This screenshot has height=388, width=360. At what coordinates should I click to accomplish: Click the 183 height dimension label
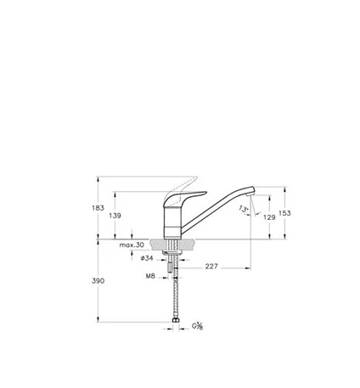(98, 208)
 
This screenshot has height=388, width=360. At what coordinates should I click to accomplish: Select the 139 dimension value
(115, 216)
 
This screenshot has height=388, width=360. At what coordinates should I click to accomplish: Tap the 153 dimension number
(284, 213)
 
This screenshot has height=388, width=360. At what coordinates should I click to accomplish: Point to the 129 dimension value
(269, 217)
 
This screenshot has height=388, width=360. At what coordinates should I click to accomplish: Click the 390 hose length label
(98, 281)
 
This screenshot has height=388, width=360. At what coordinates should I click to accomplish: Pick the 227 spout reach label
(211, 267)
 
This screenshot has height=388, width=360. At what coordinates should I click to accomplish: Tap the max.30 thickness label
(132, 245)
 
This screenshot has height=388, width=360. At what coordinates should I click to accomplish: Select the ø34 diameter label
(147, 258)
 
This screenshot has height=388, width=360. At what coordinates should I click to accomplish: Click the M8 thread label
(150, 276)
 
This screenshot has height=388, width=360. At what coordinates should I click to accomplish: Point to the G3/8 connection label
(197, 326)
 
